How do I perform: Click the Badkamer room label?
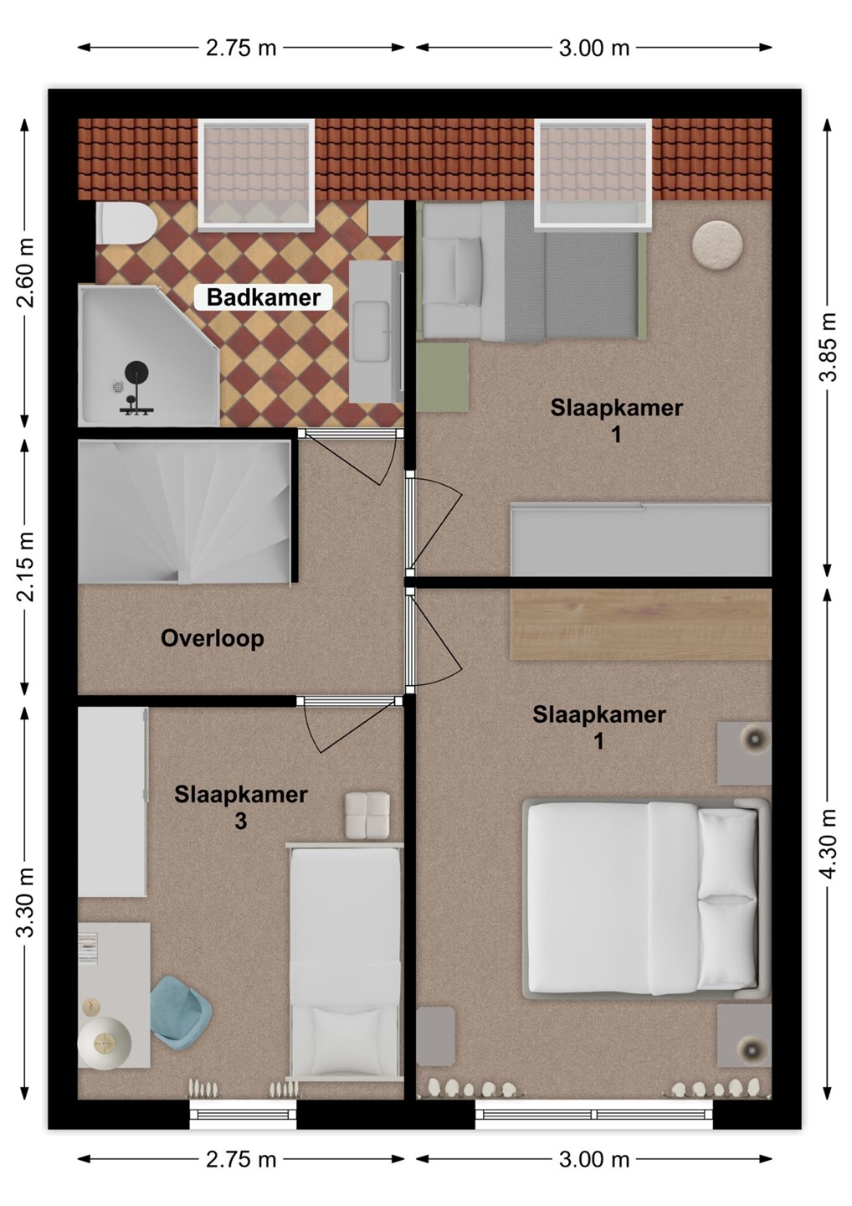[x=264, y=297]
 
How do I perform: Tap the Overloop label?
[x=213, y=638]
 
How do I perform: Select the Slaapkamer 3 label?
[x=240, y=807]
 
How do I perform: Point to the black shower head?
[x=136, y=372]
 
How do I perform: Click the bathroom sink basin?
[x=371, y=331]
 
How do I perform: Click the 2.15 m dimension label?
[x=25, y=565]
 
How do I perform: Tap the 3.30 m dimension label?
[x=25, y=902]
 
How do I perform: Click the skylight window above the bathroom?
[x=256, y=174]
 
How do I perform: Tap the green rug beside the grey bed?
[x=442, y=378]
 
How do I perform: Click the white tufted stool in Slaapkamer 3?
[x=367, y=816]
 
